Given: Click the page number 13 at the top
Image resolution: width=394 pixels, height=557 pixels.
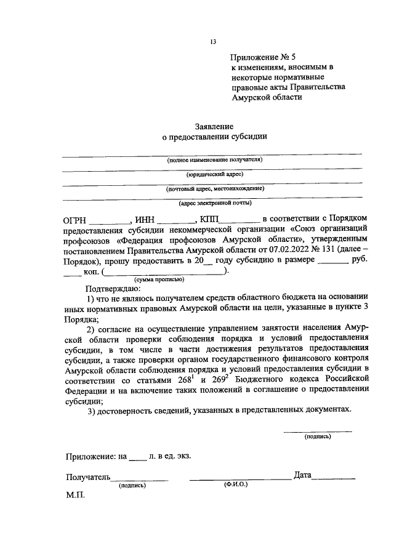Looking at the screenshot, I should (x=213, y=42).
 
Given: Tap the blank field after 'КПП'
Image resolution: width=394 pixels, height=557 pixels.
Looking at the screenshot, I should (x=240, y=220).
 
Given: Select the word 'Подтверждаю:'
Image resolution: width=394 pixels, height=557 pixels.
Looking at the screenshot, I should (x=114, y=288).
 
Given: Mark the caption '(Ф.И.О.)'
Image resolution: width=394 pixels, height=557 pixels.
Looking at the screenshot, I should (x=236, y=485).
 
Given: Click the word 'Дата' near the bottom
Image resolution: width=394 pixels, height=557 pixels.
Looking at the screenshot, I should (x=303, y=476).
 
